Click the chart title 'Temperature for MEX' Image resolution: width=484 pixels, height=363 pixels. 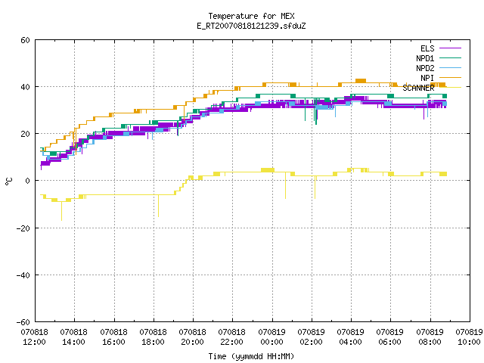(x=251, y=16)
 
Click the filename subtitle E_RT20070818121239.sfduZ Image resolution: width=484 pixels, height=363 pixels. (x=251, y=26)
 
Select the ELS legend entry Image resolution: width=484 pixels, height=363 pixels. (x=440, y=48)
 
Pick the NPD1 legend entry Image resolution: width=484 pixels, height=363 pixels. (x=439, y=58)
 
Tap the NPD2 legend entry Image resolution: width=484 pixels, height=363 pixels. (x=439, y=68)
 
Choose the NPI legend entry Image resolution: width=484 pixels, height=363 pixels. (x=440, y=78)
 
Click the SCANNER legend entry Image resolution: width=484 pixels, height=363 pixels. (x=432, y=88)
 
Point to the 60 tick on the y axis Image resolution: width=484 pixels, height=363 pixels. (x=25, y=40)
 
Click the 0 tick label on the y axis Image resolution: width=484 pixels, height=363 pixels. (x=28, y=181)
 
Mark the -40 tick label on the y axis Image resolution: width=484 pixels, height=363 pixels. (x=23, y=275)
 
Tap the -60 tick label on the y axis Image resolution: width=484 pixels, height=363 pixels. (x=23, y=322)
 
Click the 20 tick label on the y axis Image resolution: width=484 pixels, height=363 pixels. (x=25, y=134)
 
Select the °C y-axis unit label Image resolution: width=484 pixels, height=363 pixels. (x=9, y=181)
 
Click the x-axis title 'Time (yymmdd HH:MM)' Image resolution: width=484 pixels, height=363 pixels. (x=251, y=356)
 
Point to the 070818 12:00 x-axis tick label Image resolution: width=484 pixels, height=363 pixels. (x=34, y=337)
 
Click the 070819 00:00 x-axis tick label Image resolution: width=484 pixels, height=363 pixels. (x=271, y=337)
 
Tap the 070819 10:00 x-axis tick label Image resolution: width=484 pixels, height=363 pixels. (x=469, y=337)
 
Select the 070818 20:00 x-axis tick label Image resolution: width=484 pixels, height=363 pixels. (x=192, y=337)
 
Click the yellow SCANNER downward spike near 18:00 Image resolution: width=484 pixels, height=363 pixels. (x=158, y=206)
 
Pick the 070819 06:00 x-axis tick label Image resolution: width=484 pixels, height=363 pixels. (x=390, y=337)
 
